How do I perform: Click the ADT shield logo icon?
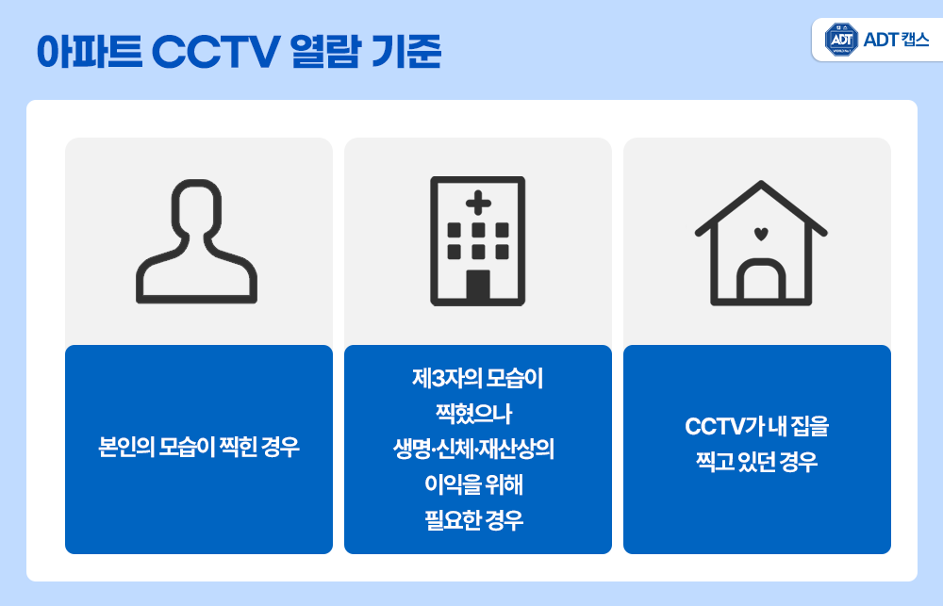pos(841,40)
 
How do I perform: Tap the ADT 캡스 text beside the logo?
pos(896,40)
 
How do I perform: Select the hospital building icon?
pos(477,241)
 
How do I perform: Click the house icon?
pos(760,243)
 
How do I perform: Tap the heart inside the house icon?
pos(761,233)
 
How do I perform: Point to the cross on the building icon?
pos(478,202)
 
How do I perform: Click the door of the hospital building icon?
pos(478,286)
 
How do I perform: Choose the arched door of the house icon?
pos(761,282)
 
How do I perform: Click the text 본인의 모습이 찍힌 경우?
pos(199,447)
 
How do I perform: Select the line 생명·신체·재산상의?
pos(478,449)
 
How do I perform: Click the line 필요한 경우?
pos(478,519)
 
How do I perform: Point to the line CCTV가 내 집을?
pos(757,426)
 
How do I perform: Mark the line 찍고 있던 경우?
pos(757,464)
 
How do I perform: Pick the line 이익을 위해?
pos(478,484)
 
